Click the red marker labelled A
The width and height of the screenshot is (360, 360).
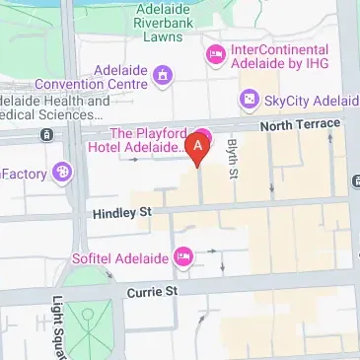pos(198,148)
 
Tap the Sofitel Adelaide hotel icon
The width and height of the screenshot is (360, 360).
pos(183,256)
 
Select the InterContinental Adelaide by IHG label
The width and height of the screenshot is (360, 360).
pos(280,58)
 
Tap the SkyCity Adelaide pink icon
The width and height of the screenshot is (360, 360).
pos(249,100)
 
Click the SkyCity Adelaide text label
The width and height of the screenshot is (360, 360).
pos(308,100)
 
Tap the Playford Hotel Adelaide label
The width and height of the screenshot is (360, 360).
pos(147,139)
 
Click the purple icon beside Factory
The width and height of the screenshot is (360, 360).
pos(62,173)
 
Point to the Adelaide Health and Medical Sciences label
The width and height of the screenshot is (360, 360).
pos(55,108)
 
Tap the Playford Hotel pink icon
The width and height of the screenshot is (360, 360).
pos(205,134)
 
